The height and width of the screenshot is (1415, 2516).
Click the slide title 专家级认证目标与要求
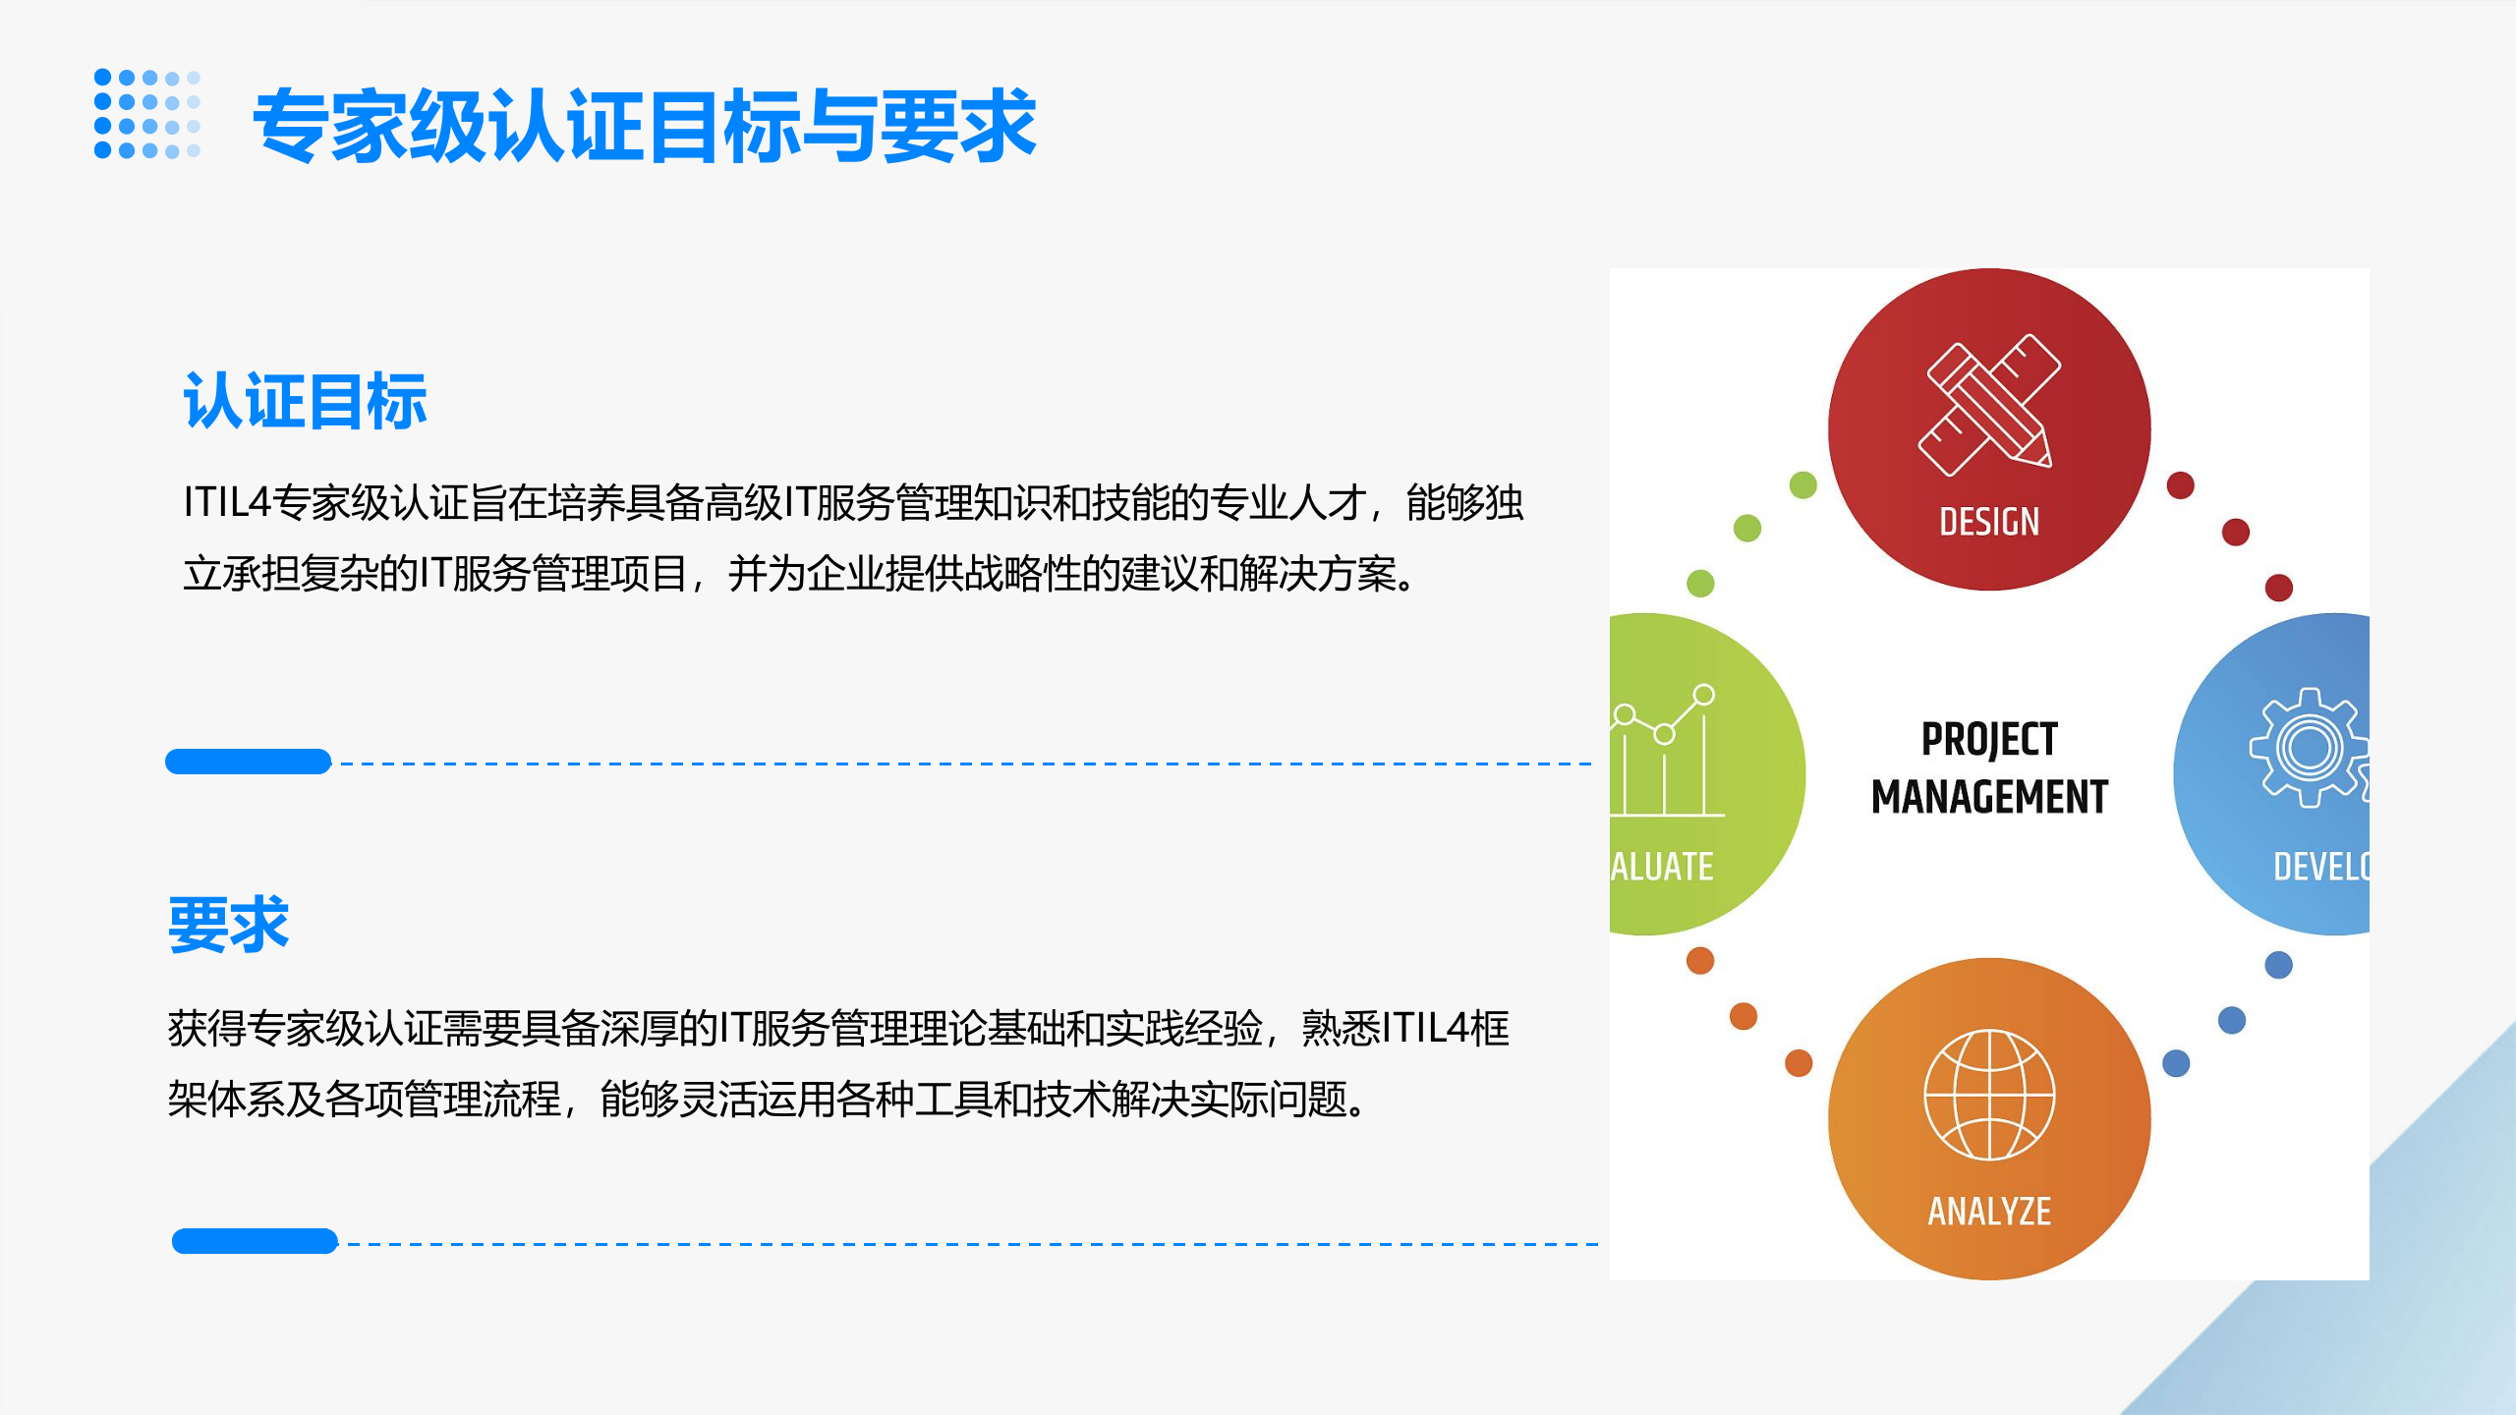(645, 126)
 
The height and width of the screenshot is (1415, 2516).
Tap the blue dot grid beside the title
(147, 114)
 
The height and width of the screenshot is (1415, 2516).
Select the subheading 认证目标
(305, 401)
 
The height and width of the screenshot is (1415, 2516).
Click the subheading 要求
(228, 925)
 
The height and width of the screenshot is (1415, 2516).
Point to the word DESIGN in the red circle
(1989, 522)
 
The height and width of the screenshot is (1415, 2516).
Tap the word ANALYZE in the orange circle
(1989, 1212)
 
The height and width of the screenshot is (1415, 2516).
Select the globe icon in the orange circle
(1989, 1095)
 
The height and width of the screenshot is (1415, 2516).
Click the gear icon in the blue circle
(2310, 748)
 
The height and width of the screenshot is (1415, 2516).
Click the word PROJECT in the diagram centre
(1989, 739)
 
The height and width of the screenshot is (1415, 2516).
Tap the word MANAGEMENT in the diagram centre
(1989, 796)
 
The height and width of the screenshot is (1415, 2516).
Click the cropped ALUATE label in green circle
(1663, 867)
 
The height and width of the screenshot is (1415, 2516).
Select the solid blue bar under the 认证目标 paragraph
(248, 762)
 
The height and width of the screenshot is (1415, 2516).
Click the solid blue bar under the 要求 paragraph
(255, 1241)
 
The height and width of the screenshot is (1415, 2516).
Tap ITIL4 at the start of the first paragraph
(226, 503)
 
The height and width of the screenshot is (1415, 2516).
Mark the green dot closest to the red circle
(1803, 484)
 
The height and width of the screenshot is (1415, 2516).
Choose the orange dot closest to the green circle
(1700, 960)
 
